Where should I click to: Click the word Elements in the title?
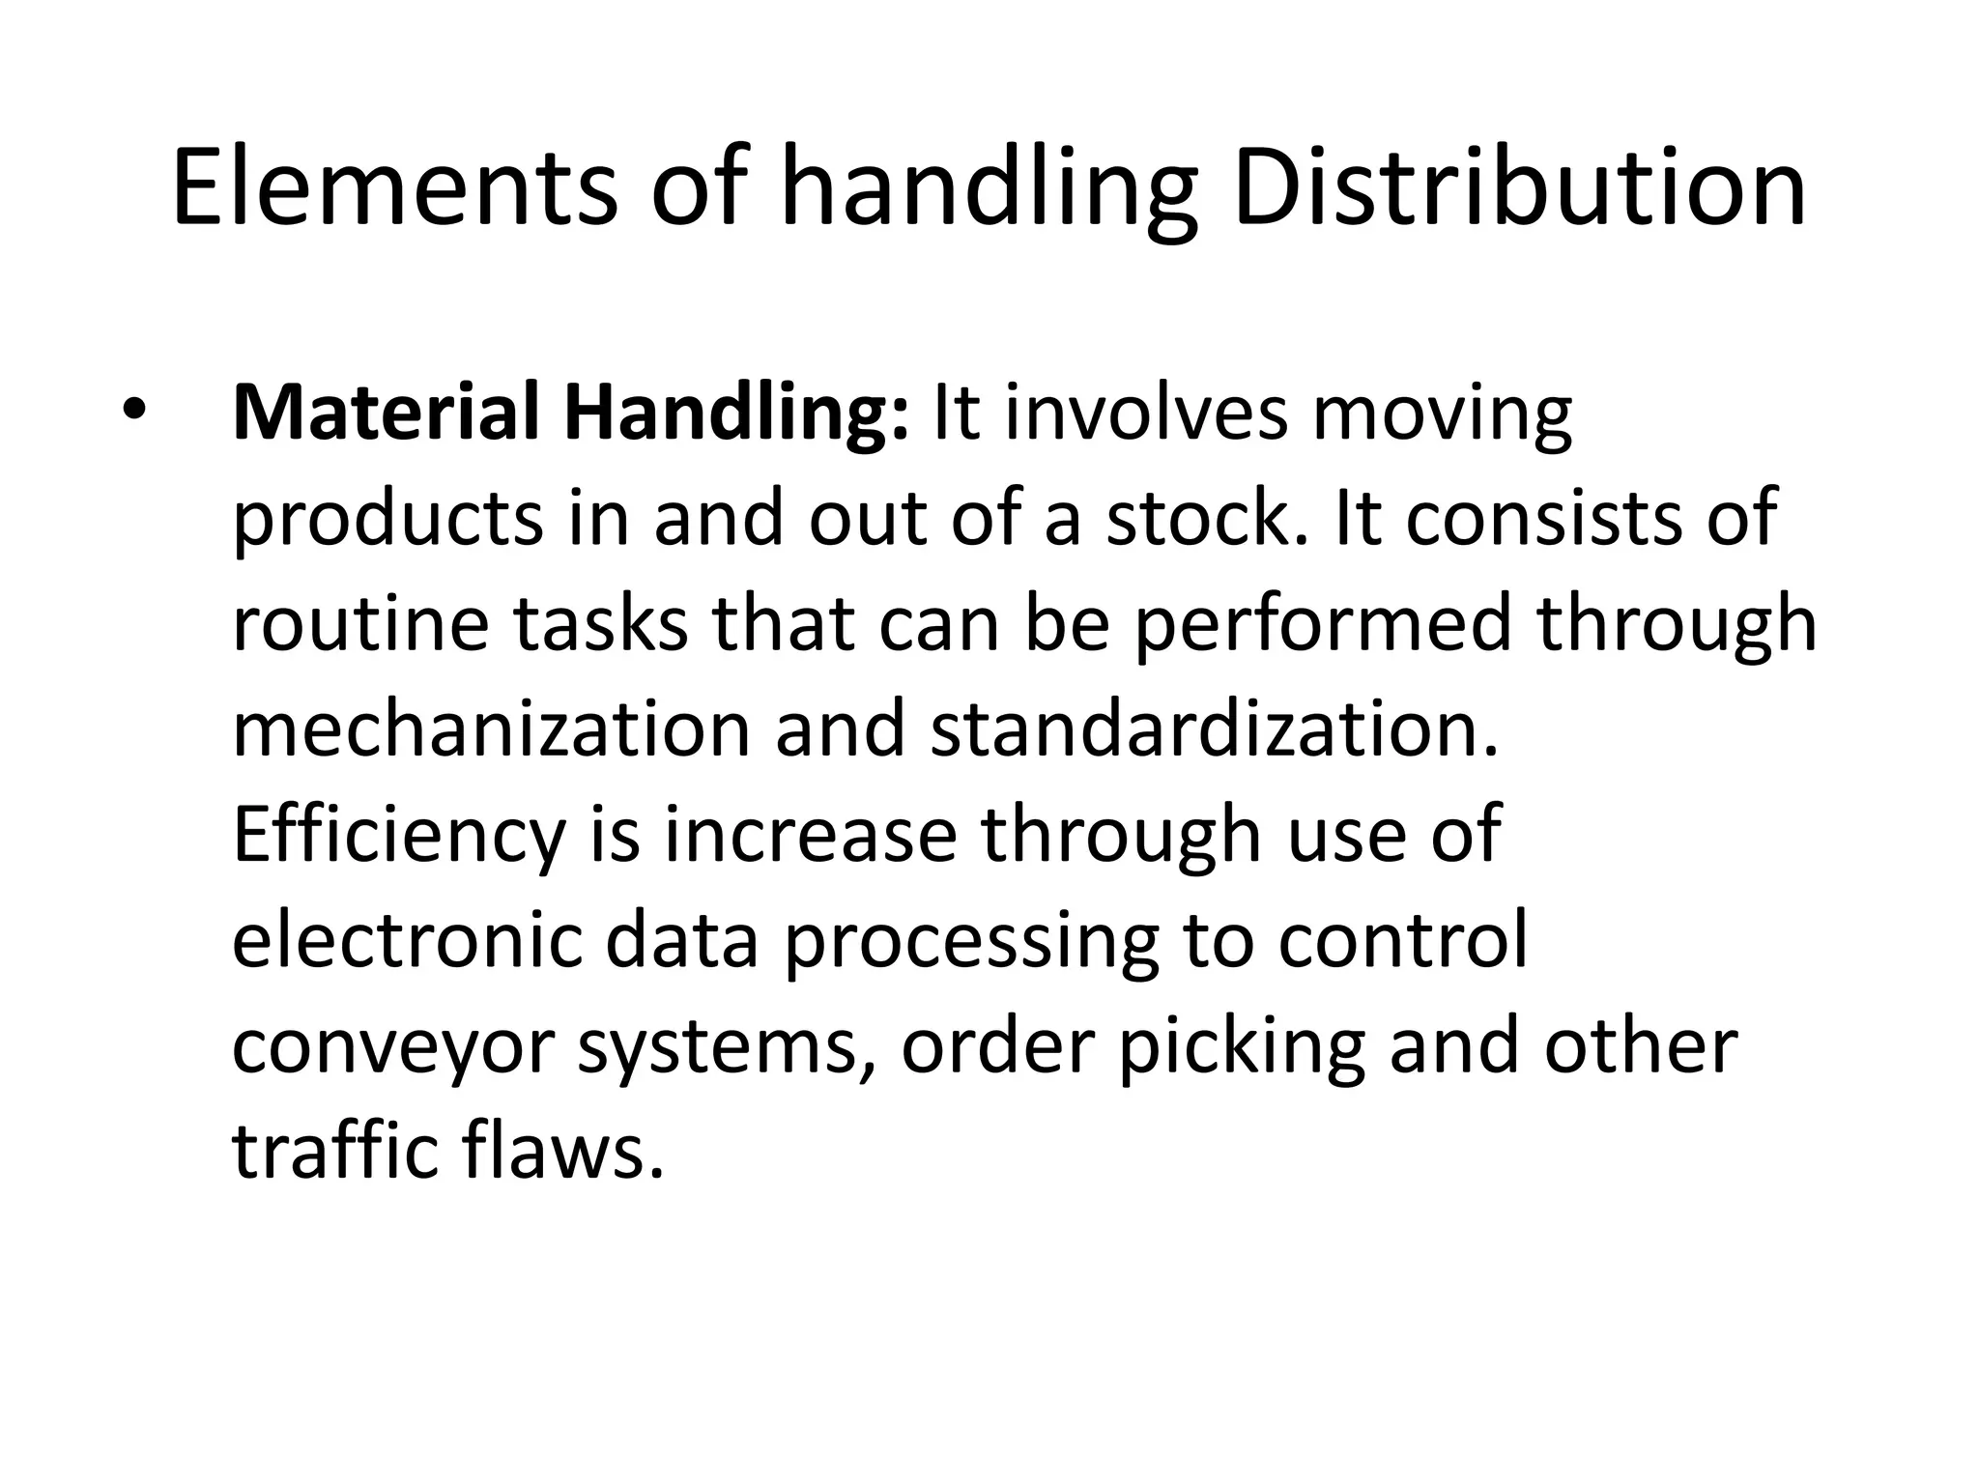pos(394,186)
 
